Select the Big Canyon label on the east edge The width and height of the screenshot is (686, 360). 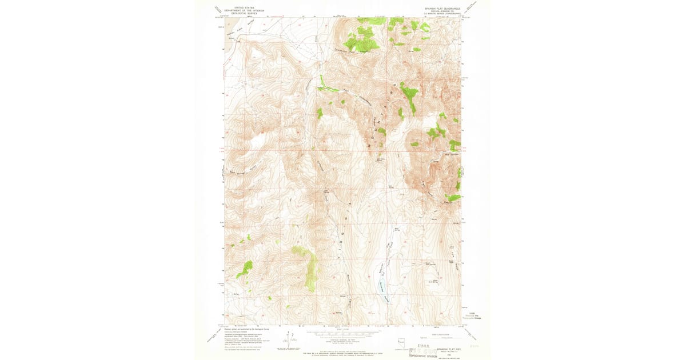click(451, 154)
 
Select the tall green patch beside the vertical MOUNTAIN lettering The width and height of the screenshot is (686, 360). click(409, 97)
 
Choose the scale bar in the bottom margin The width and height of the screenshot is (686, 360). click(343, 334)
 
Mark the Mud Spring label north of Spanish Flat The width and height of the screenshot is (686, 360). click(397, 229)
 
